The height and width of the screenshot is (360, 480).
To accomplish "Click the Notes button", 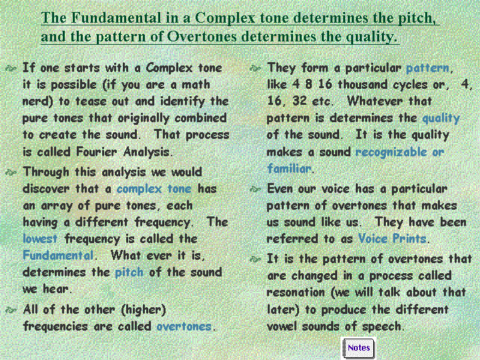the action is (x=358, y=349).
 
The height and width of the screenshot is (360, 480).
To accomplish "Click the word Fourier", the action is (x=96, y=152).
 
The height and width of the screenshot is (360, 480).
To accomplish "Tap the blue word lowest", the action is (x=40, y=238).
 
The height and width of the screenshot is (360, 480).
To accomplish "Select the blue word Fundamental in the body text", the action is (x=58, y=255).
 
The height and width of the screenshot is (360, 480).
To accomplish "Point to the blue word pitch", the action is (x=130, y=273).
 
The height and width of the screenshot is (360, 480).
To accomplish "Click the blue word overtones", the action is (x=184, y=327).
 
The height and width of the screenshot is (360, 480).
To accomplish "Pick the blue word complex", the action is (x=139, y=189).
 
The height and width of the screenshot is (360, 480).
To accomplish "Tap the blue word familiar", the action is (x=289, y=168).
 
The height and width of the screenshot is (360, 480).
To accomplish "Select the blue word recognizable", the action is (x=391, y=152).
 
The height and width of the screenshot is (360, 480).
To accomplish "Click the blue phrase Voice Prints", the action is (x=392, y=238).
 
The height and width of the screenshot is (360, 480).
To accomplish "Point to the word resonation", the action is (x=296, y=293).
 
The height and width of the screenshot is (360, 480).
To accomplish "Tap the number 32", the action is (x=300, y=101).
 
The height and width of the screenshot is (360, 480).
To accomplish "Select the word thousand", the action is (x=363, y=84).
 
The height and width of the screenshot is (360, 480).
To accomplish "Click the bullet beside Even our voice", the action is (x=255, y=190).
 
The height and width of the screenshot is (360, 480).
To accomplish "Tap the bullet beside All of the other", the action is (x=11, y=311).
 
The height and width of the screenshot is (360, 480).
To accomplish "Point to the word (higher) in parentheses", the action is (x=144, y=310).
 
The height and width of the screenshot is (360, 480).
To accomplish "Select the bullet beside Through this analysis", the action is (x=11, y=173).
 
